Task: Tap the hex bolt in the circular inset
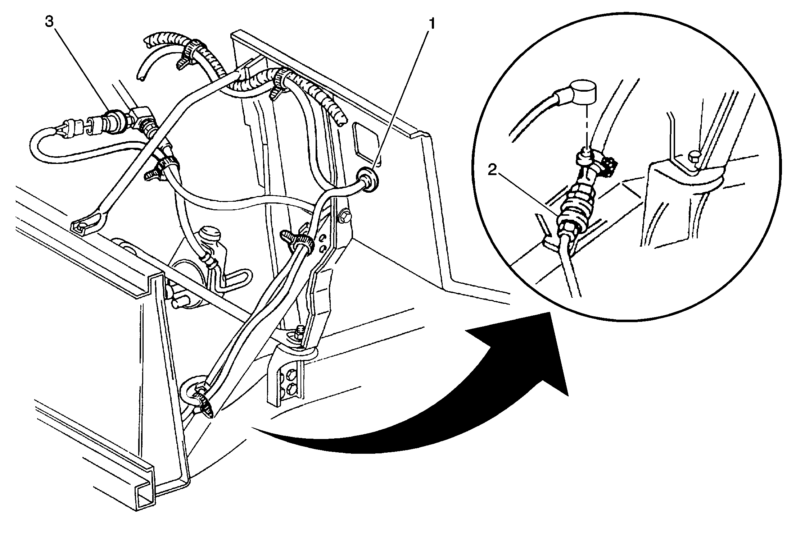(x=694, y=158)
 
